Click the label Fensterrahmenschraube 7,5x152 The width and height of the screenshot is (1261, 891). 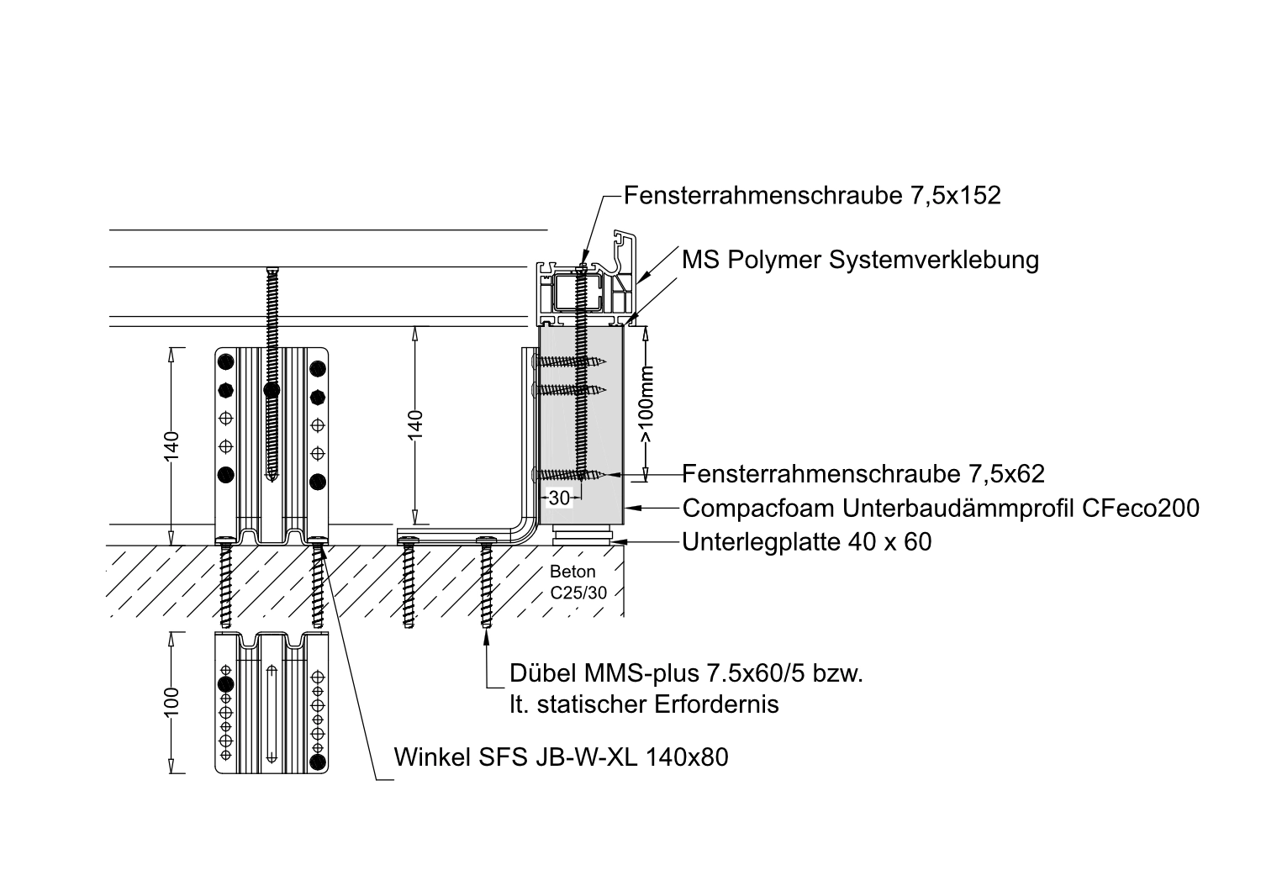(812, 196)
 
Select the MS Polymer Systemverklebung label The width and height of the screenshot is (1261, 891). (860, 259)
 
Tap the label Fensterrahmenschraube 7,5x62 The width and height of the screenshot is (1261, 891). (863, 474)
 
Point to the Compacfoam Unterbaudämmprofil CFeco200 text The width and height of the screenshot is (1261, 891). (941, 508)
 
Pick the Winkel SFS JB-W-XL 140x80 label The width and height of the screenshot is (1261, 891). (562, 757)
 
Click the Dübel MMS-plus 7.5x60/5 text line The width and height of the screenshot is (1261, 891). (687, 674)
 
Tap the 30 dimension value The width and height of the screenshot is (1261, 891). (559, 498)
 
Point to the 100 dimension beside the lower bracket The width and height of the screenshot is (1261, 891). (171, 704)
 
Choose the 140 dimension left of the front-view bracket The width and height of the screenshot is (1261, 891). (171, 445)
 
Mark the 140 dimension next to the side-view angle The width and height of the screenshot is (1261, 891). (414, 424)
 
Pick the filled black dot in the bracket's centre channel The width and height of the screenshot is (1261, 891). (271, 390)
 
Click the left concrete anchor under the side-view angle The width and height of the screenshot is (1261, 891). (409, 584)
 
